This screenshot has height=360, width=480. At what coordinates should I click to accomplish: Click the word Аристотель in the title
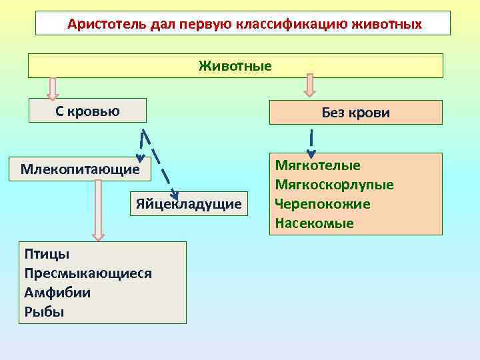(x=99, y=24)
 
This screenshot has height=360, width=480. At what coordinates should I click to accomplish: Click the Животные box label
(x=235, y=66)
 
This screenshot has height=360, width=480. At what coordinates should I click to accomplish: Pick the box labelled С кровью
(x=87, y=111)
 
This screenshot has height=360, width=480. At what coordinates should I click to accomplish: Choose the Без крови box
(x=355, y=113)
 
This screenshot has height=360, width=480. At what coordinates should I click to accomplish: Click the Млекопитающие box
(x=80, y=169)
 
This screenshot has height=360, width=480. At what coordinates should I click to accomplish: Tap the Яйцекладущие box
(x=189, y=203)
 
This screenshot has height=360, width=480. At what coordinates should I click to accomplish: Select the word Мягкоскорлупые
(x=334, y=185)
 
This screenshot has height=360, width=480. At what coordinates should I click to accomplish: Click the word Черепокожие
(x=322, y=204)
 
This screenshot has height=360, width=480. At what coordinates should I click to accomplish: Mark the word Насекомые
(x=314, y=223)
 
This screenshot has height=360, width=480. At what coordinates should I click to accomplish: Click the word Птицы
(x=47, y=254)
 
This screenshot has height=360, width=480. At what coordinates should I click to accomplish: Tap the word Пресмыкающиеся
(x=88, y=273)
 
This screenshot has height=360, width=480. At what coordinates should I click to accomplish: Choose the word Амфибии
(x=57, y=293)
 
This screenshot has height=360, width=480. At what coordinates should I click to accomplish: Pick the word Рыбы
(x=44, y=312)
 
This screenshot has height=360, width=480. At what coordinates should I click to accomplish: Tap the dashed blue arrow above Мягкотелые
(x=311, y=143)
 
